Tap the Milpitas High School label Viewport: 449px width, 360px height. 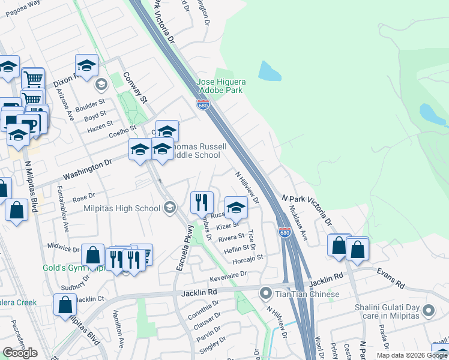tap(122, 208)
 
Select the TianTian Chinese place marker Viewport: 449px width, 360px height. tap(266, 294)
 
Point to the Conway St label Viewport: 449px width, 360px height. tap(134, 88)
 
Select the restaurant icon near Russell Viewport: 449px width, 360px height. tap(202, 202)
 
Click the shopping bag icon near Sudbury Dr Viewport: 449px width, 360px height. tap(94, 254)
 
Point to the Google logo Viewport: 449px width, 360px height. tap(20, 353)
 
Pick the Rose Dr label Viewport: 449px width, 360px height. tap(83, 197)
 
